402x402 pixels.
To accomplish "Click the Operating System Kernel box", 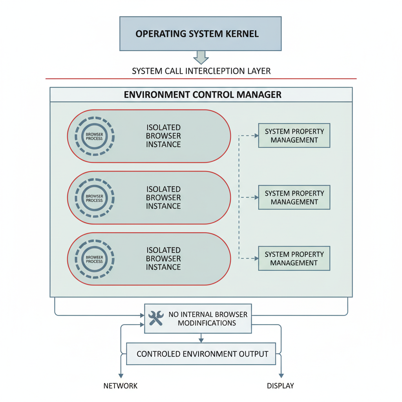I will pos(200,33).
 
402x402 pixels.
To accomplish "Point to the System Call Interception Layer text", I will pos(201,71).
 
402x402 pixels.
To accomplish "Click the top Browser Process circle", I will pos(94,136).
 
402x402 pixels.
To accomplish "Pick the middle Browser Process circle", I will pos(94,198).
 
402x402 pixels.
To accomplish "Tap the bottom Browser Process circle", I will pos(94,259).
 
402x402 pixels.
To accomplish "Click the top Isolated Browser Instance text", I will pos(163,136).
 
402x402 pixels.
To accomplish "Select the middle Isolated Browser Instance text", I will pos(163,197).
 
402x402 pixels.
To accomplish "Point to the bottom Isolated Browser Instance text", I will pos(163,258).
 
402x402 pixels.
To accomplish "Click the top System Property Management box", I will pos(294,135).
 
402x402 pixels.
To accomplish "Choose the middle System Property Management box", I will pos(294,197).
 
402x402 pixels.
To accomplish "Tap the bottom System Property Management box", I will pos(294,258).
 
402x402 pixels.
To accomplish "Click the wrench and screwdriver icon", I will pos(156,318).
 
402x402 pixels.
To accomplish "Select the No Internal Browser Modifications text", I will pos(208,318).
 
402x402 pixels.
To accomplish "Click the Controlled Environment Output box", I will pos(201,354).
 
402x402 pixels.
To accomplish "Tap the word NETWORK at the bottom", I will pos(121,386).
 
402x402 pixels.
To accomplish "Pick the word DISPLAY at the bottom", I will pos(280,386).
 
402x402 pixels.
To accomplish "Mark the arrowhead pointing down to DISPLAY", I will pos(281,375).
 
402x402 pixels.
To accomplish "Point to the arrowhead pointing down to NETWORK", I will pos(121,375).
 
